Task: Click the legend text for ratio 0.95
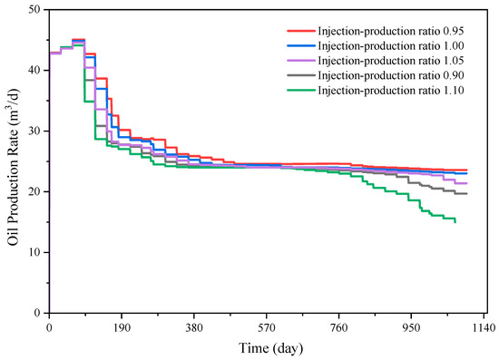[391, 31]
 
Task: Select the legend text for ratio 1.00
[391, 46]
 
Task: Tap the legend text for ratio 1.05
[391, 61]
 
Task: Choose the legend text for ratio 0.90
[391, 75]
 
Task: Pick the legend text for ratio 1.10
[391, 91]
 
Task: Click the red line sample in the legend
[300, 31]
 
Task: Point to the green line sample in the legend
[300, 91]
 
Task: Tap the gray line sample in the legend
[300, 75]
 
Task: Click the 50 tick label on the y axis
[34, 10]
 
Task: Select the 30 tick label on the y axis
[34, 131]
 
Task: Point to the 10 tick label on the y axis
[34, 252]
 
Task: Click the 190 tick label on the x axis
[122, 327]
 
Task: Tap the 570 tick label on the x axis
[267, 327]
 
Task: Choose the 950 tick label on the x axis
[411, 327]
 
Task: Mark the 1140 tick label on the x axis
[484, 327]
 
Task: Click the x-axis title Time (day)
[271, 348]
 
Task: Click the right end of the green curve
[455, 222]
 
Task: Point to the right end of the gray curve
[467, 194]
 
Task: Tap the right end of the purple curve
[467, 183]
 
